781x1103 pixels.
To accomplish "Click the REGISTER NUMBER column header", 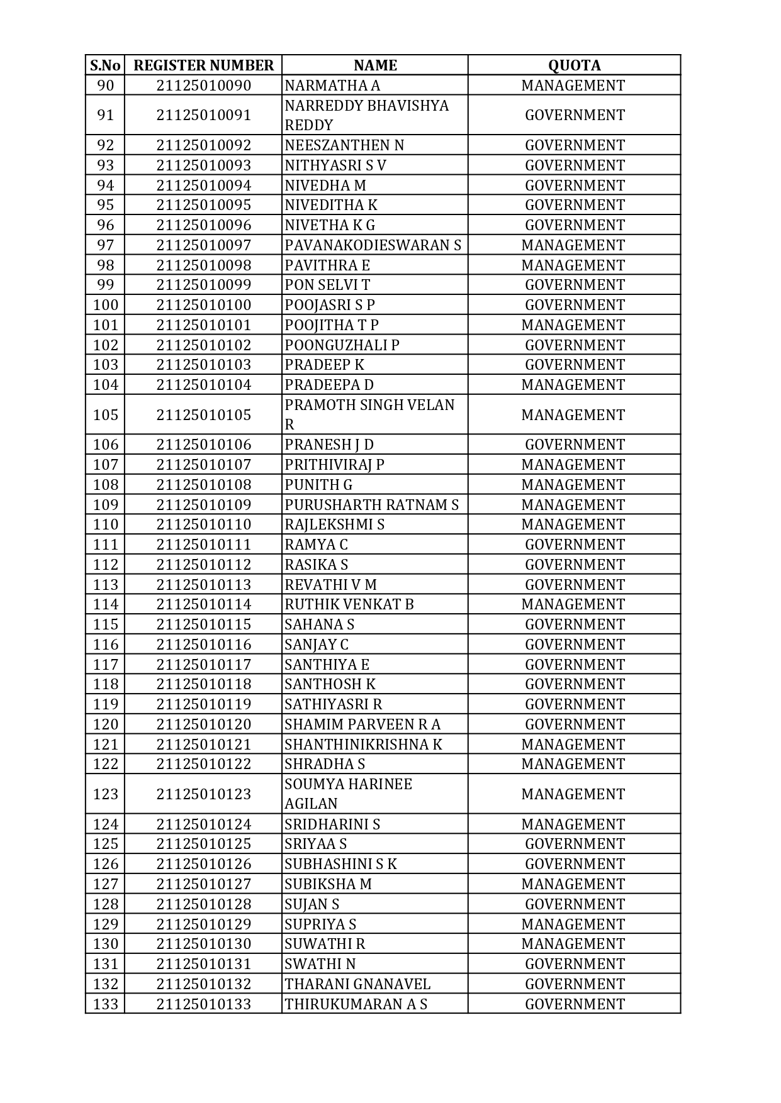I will point(203,65).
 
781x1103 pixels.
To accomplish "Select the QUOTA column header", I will point(574,65).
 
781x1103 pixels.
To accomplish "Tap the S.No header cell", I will point(105,65).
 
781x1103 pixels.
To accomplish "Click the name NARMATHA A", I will point(332,86).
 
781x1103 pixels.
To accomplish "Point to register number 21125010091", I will point(203,115).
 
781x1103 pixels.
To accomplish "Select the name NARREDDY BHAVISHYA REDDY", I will point(366,115).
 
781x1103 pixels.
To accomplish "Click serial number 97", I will point(105,245).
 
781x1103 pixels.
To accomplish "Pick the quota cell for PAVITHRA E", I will point(573,265).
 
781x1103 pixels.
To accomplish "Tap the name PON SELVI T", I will point(327,285).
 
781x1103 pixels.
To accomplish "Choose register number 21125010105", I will point(203,415).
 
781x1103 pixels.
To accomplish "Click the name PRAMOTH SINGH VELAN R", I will point(369,414).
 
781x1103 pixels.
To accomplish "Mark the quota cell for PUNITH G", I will point(573,485).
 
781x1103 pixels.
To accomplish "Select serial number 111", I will point(105,545).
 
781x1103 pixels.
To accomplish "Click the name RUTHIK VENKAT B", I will point(349,604).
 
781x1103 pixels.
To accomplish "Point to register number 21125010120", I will point(203,724).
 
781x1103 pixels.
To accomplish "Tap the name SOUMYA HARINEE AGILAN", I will point(348,794).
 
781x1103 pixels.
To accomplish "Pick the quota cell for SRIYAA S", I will point(575,844).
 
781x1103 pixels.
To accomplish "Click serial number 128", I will point(105,904).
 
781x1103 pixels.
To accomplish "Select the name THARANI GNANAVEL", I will point(357,984).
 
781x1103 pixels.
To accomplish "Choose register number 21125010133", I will point(203,1004).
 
